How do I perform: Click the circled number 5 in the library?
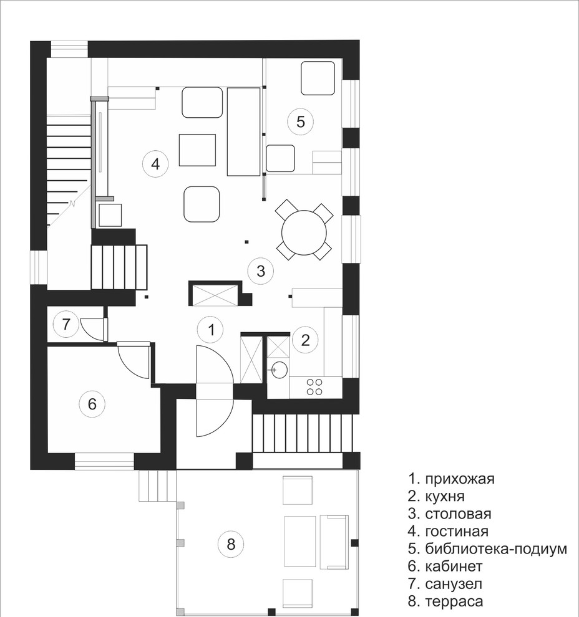[300, 122]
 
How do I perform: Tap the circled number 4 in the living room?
[155, 164]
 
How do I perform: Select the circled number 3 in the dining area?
[261, 270]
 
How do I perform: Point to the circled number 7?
[66, 324]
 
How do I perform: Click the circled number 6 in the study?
[92, 404]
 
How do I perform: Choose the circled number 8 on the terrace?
[231, 544]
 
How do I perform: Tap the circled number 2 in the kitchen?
[305, 340]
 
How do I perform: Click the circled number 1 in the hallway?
[211, 330]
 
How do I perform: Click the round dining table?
[304, 232]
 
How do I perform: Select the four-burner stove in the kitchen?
[314, 387]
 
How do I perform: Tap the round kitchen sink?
[280, 370]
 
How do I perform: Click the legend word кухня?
[445, 497]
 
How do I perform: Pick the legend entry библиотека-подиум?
[496, 548]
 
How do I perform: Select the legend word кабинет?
[454, 567]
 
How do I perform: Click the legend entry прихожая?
[460, 479]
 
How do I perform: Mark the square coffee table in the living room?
[197, 150]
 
